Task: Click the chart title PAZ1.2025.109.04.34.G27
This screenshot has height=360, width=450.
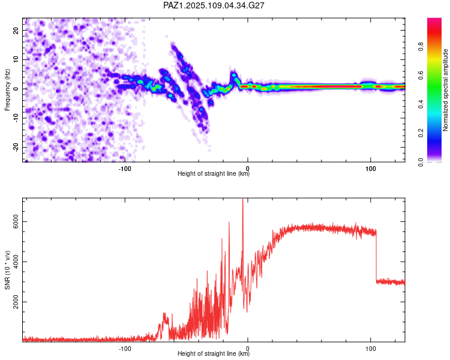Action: coord(214,5)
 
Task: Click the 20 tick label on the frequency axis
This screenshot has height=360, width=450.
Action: coord(16,30)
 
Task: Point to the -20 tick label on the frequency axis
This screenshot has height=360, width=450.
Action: coord(16,147)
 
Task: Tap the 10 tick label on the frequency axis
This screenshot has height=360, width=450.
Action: coord(16,59)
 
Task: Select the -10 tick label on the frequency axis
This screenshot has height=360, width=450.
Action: coord(16,118)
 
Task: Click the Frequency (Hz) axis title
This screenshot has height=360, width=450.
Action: coord(7,90)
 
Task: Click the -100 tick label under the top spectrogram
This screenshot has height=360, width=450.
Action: coord(125,169)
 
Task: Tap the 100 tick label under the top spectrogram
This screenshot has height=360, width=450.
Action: coord(371,169)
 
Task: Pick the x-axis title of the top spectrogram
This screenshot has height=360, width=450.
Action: coord(214,173)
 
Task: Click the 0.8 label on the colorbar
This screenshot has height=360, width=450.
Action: coord(421,46)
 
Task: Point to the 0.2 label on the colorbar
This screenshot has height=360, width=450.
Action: coord(421,133)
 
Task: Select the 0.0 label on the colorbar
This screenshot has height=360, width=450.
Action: coord(421,162)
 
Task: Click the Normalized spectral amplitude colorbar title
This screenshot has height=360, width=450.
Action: coord(445,90)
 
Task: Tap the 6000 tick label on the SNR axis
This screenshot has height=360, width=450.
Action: coord(16,221)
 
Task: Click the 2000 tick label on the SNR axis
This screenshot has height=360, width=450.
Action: coord(16,302)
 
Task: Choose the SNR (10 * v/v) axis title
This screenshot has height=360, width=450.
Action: coord(7,270)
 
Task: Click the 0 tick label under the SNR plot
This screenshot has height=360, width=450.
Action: coord(248,349)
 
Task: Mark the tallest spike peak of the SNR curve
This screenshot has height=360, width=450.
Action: coord(243,199)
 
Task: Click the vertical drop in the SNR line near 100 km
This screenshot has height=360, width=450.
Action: coord(376,256)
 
